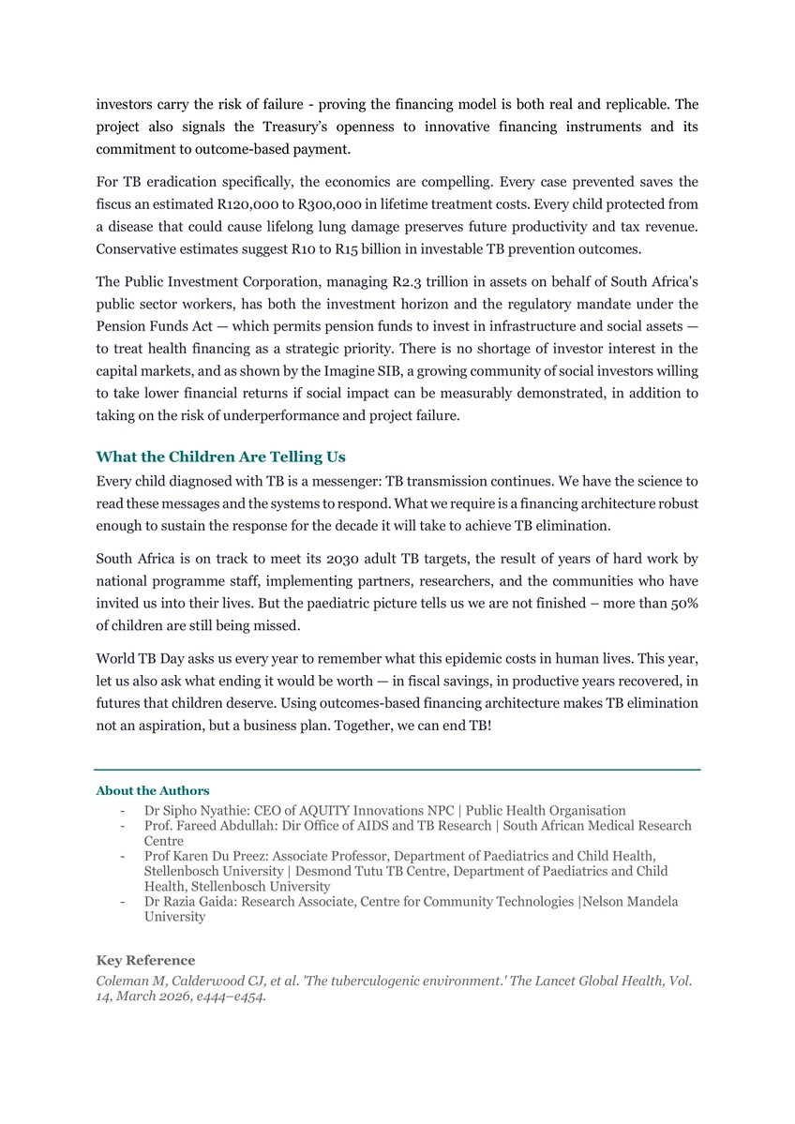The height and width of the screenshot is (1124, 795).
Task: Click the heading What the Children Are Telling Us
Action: (220, 457)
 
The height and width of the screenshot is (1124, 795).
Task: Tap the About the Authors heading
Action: (153, 791)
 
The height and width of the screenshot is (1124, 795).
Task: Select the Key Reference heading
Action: (145, 960)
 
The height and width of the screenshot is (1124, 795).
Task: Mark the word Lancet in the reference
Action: (518, 980)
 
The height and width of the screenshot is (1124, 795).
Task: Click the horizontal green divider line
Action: (397, 770)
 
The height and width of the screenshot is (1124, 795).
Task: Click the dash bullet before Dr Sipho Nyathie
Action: (124, 810)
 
